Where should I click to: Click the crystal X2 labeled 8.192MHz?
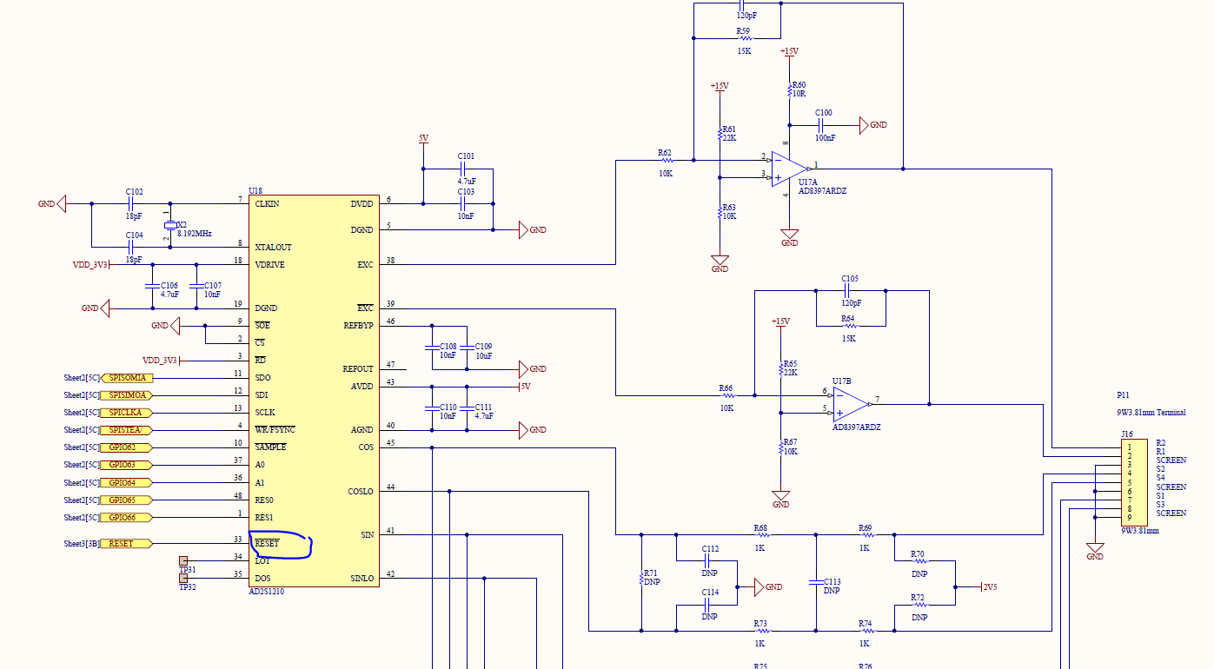pyautogui.click(x=170, y=227)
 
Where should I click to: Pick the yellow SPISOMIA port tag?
pyautogui.click(x=127, y=378)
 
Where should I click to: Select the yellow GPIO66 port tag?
pyautogui.click(x=126, y=517)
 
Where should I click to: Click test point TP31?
pyautogui.click(x=183, y=560)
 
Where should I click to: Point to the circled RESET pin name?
pyautogui.click(x=268, y=544)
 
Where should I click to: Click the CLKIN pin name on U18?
pyautogui.click(x=268, y=203)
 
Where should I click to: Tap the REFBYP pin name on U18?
pyautogui.click(x=358, y=326)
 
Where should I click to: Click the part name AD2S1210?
pyautogui.click(x=266, y=592)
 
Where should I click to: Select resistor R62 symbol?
pyautogui.click(x=667, y=161)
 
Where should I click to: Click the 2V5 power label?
pyautogui.click(x=990, y=587)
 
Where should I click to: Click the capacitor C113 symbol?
pyautogui.click(x=815, y=582)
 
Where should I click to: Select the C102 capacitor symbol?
pyautogui.click(x=135, y=204)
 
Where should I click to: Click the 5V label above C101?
pyautogui.click(x=423, y=139)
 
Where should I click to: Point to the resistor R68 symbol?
pyautogui.click(x=760, y=534)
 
